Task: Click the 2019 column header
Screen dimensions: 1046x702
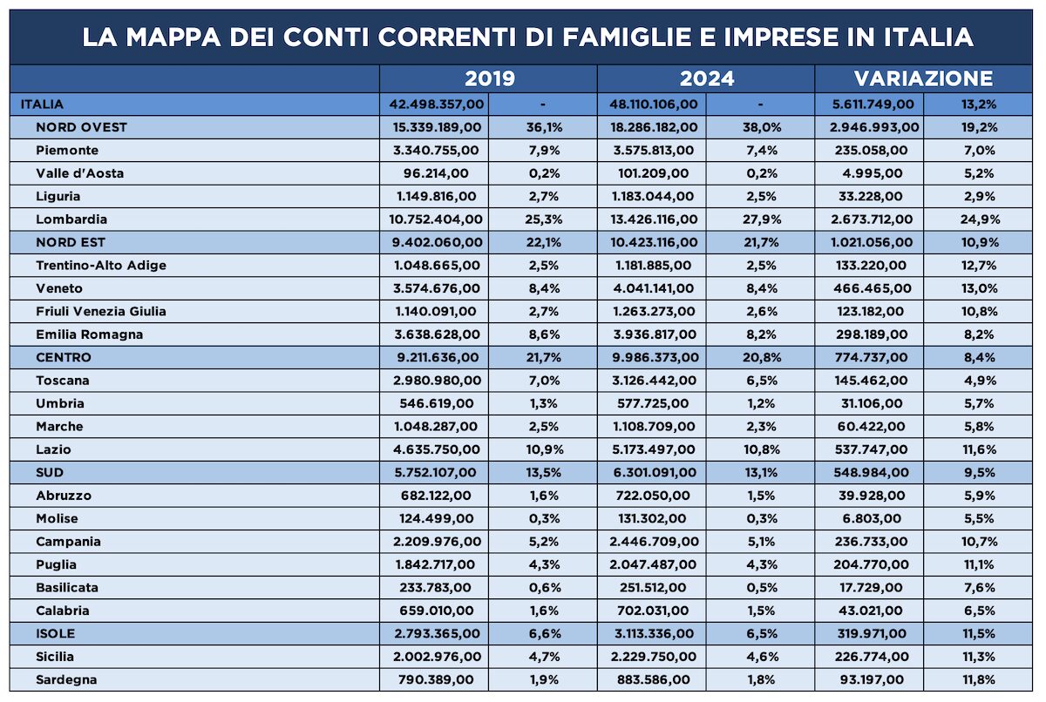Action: pyautogui.click(x=489, y=78)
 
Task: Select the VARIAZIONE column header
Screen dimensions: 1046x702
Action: pyautogui.click(x=923, y=78)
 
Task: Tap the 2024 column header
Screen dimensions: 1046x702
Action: pyautogui.click(x=707, y=78)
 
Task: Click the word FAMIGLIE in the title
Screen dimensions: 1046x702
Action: pyautogui.click(x=626, y=37)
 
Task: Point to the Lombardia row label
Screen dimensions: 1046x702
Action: pyautogui.click(x=71, y=219)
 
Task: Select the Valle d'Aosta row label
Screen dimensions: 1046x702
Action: pyautogui.click(x=80, y=173)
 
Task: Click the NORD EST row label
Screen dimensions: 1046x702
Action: pyautogui.click(x=71, y=242)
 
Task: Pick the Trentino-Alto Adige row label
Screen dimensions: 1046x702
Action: pyautogui.click(x=101, y=266)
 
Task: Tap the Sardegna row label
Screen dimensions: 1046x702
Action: pyautogui.click(x=66, y=679)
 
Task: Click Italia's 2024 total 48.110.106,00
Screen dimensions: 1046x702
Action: pyautogui.click(x=653, y=104)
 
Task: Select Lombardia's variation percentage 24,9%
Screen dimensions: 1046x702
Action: pyautogui.click(x=980, y=219)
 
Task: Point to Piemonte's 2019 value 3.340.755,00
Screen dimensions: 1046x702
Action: pyautogui.click(x=436, y=150)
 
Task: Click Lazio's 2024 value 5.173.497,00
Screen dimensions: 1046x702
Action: pyautogui.click(x=653, y=449)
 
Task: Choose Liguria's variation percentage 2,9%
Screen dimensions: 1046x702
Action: pyautogui.click(x=980, y=196)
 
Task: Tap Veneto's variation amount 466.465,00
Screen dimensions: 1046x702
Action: pyautogui.click(x=872, y=288)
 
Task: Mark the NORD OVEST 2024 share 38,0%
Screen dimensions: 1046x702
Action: pyautogui.click(x=762, y=127)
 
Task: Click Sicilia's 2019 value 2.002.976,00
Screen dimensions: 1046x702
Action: pyautogui.click(x=437, y=657)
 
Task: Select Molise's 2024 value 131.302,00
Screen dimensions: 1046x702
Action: pyautogui.click(x=653, y=519)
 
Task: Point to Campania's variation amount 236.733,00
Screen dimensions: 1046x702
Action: pyautogui.click(x=872, y=542)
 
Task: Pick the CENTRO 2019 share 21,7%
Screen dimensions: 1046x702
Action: pyautogui.click(x=544, y=357)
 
